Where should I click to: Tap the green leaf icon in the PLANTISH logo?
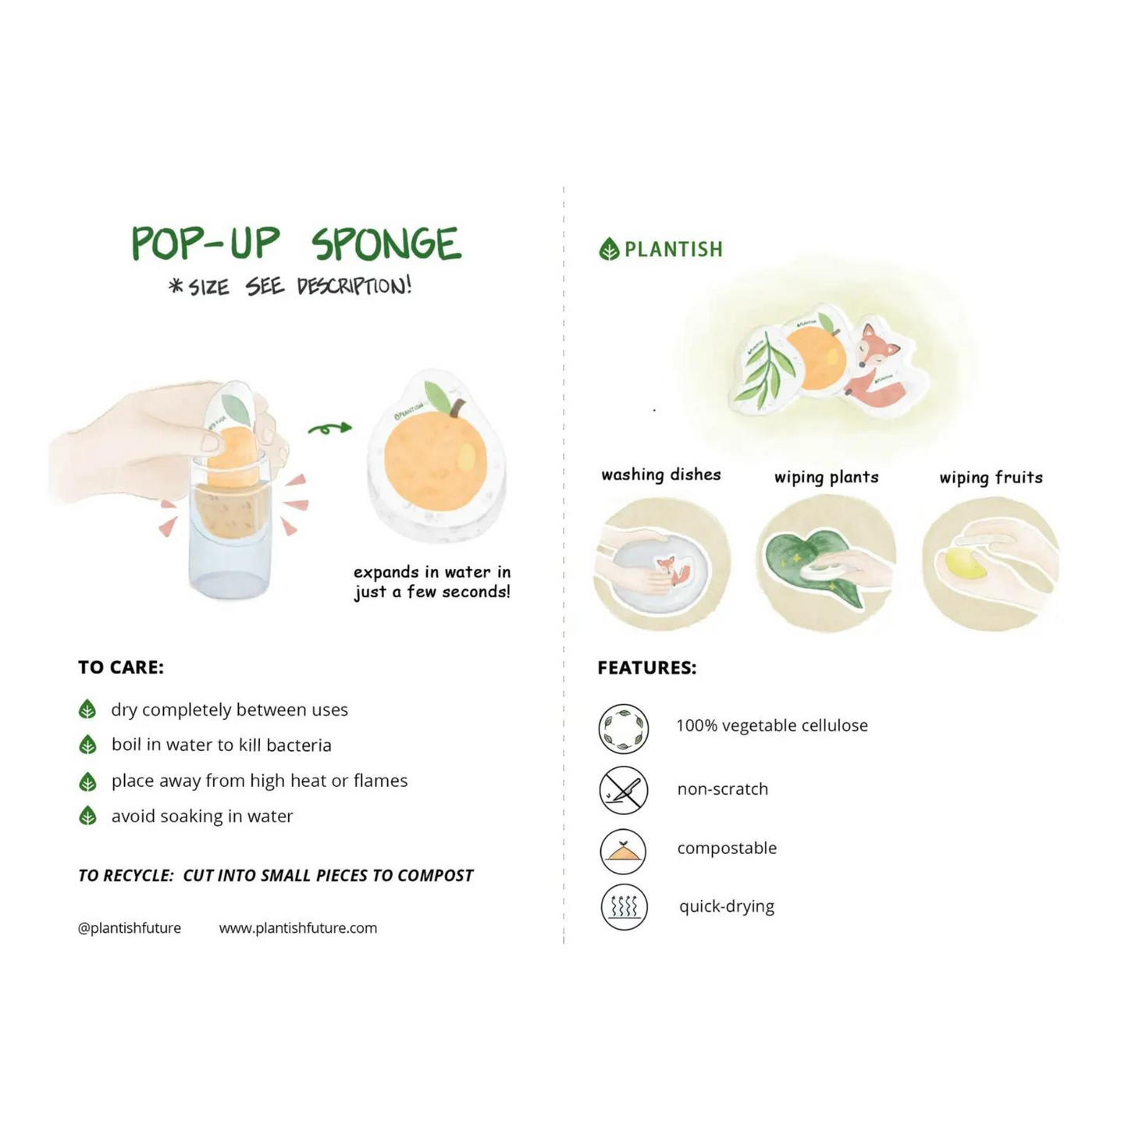pos(609,249)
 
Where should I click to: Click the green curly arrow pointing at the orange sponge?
pos(330,429)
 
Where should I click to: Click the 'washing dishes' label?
pos(661,475)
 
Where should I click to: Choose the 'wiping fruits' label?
pos(991,478)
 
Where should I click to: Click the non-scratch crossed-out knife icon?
pos(624,790)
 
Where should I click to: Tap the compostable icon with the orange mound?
pos(624,851)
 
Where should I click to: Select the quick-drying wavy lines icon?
pos(624,907)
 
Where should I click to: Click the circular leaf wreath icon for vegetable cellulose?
pos(624,728)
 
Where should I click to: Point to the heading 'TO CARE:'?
pos(121,667)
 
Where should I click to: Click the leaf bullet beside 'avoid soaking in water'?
pos(87,816)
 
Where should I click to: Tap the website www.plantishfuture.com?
pos(298,928)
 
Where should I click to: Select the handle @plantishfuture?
pos(130,928)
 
